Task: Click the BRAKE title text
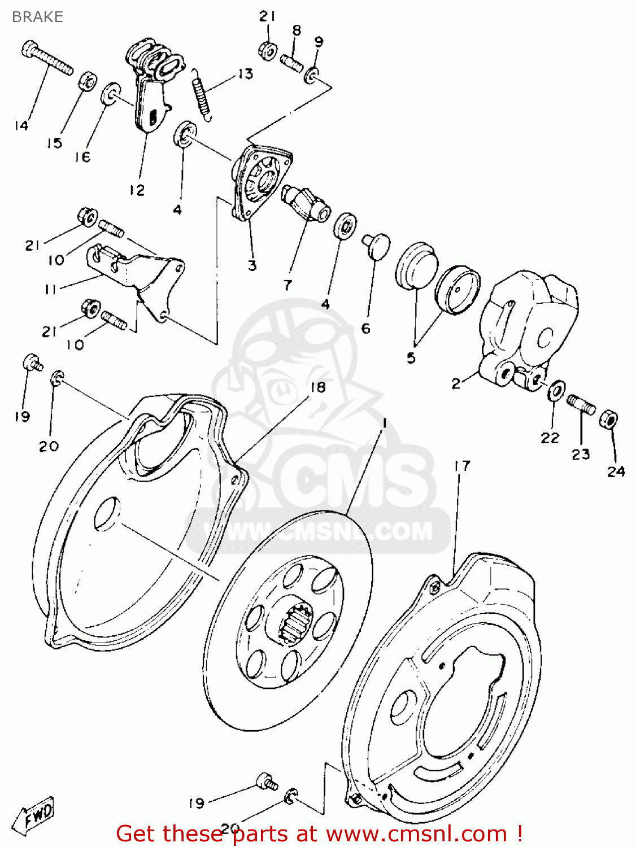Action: [37, 17]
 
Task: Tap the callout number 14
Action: [21, 125]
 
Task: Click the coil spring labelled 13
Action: [202, 94]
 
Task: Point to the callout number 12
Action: [137, 190]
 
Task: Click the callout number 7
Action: [287, 285]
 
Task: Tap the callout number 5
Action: [411, 357]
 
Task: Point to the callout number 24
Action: [616, 471]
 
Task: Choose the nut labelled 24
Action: [608, 419]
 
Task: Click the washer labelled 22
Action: [556, 390]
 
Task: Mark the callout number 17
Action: [461, 466]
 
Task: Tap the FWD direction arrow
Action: [37, 815]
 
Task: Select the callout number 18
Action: [318, 387]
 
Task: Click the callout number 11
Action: [50, 289]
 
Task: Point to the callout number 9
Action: [319, 41]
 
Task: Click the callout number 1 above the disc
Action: [384, 423]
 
